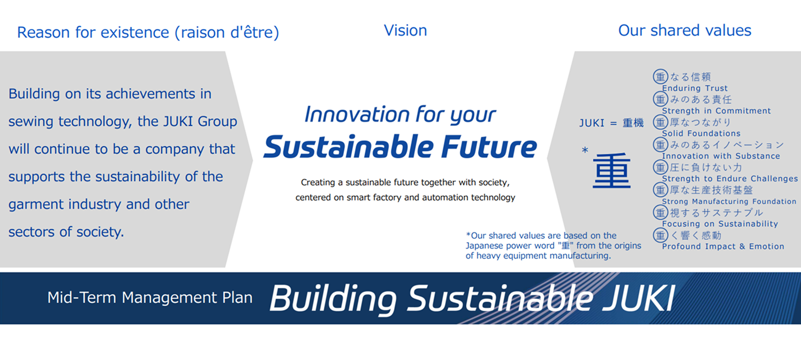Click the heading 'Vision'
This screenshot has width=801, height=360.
[x=405, y=31]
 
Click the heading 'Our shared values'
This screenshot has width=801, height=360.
[x=685, y=31]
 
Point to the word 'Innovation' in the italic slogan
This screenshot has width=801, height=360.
[x=357, y=115]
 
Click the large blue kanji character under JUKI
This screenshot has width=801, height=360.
[x=611, y=171]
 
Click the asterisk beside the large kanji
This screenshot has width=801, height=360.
[x=585, y=151]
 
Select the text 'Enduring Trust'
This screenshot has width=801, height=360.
[x=695, y=88]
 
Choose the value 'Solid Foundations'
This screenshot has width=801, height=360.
[x=701, y=133]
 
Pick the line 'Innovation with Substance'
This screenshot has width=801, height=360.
[x=721, y=156]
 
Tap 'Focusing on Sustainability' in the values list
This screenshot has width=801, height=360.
[x=720, y=224]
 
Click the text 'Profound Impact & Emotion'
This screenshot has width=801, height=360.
[x=723, y=246]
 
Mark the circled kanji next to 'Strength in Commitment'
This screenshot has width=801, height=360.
[x=661, y=99]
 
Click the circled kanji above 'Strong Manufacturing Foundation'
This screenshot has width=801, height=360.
[x=661, y=190]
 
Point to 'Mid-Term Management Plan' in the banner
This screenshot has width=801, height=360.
[x=150, y=298]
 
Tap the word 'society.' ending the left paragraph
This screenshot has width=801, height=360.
[x=100, y=232]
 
